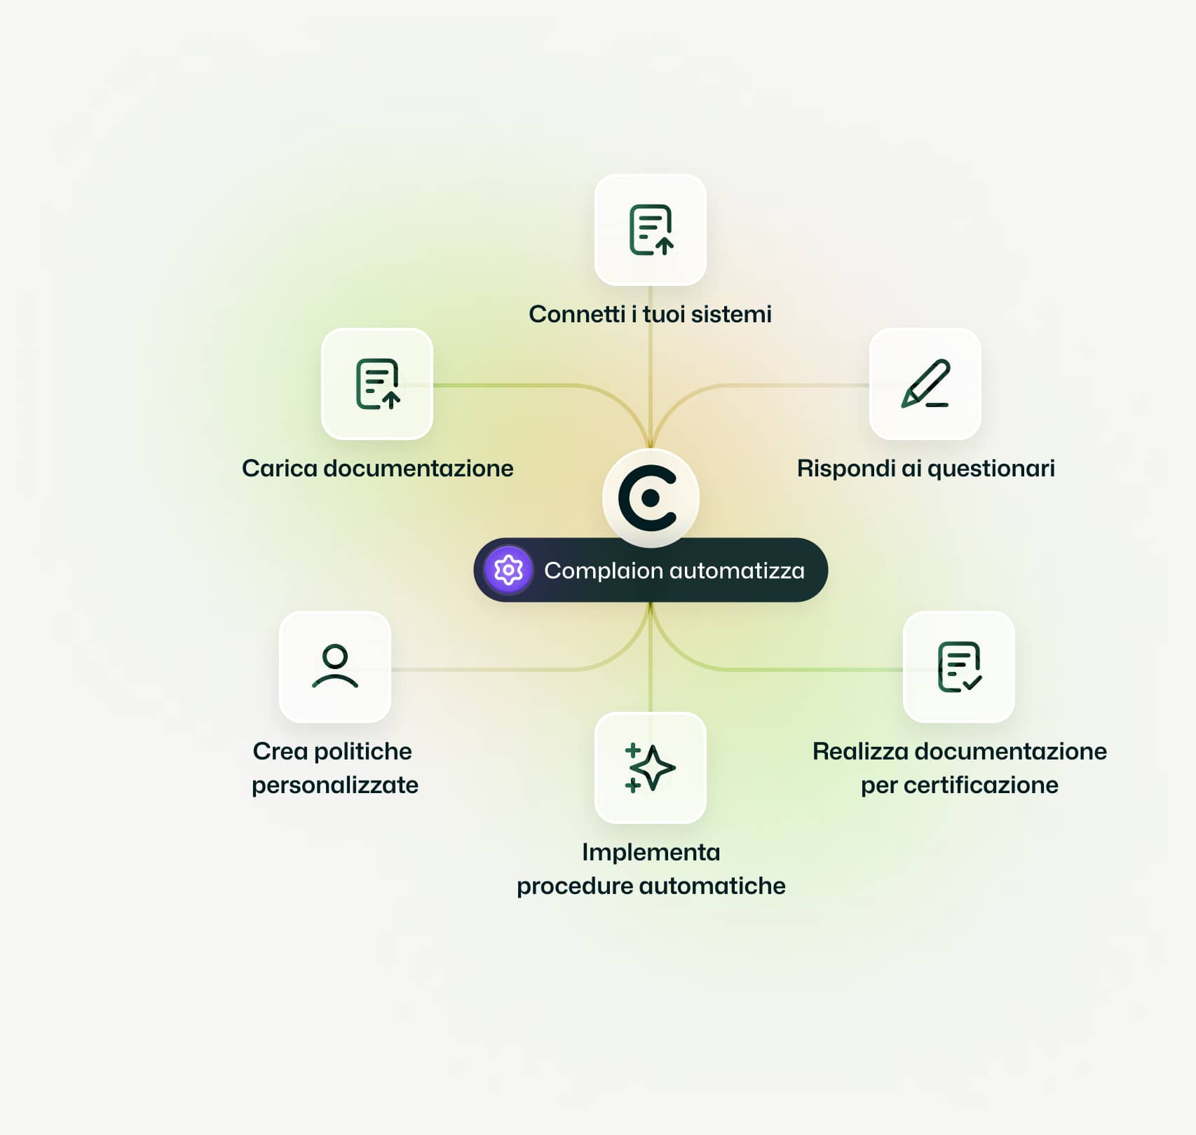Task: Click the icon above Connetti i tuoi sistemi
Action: [x=651, y=230]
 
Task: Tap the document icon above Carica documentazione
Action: [x=377, y=384]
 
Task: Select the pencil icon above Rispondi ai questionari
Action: [x=925, y=384]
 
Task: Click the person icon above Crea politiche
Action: [x=335, y=666]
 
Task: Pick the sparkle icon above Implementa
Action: [x=650, y=768]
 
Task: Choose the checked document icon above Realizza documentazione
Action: [x=959, y=666]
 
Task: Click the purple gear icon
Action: [x=508, y=570]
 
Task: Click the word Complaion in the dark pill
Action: [x=602, y=571]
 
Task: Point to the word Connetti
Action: [x=577, y=314]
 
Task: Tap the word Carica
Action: [x=279, y=468]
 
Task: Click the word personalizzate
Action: [x=335, y=785]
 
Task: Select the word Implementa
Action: [x=651, y=852]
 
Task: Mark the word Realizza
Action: [x=859, y=751]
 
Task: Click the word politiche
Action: [x=362, y=751]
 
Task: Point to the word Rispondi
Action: [x=845, y=469]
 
